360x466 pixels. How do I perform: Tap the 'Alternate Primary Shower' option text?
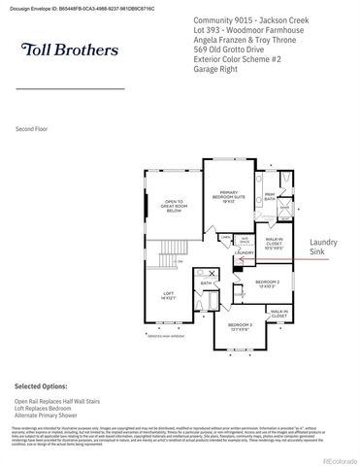pyautogui.click(x=48, y=416)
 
